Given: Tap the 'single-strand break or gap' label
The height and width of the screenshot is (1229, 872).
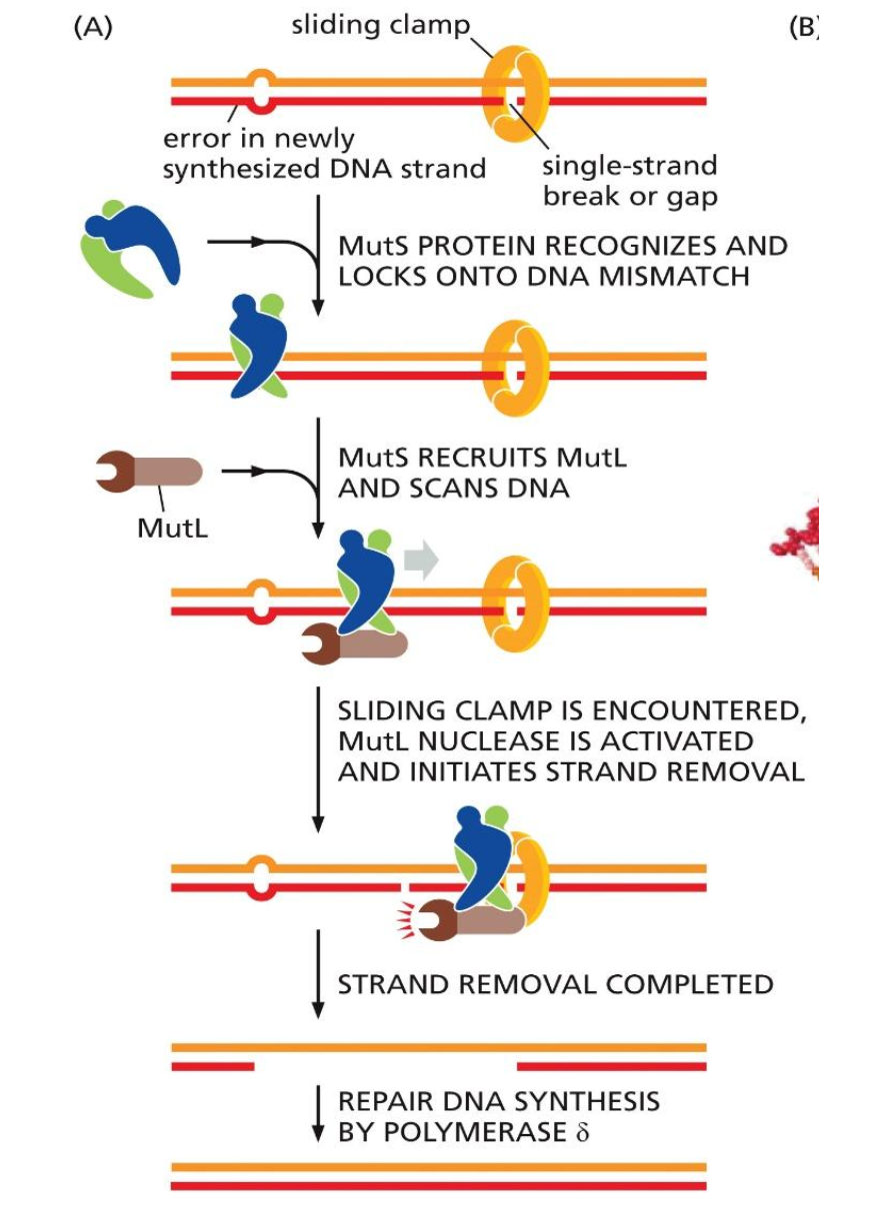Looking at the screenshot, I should point(629,180).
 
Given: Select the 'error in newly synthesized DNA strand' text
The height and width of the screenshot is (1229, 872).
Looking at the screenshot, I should point(323,153).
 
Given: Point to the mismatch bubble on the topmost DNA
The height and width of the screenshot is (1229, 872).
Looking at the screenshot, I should point(260,91).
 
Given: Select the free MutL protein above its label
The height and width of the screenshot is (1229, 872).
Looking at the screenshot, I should point(149,471).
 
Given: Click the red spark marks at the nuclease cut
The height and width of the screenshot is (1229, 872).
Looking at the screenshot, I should point(405,919).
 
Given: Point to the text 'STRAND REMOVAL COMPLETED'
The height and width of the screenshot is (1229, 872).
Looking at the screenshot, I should point(555,984).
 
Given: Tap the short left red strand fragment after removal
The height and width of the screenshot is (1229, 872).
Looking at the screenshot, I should point(213,1066).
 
